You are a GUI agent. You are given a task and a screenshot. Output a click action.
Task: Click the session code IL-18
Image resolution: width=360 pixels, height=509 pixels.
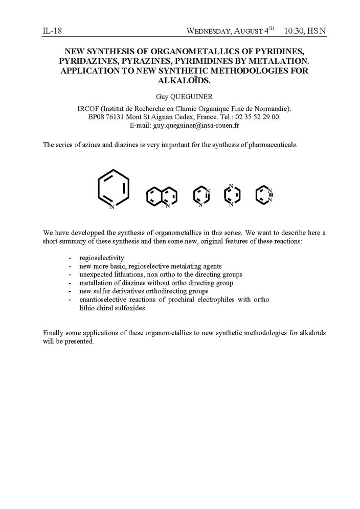click(52, 31)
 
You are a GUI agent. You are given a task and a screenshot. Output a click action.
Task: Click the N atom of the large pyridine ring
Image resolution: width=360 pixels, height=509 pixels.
click(112, 207)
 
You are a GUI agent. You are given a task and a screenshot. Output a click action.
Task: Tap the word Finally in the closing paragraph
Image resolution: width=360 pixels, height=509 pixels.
click(55, 333)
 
